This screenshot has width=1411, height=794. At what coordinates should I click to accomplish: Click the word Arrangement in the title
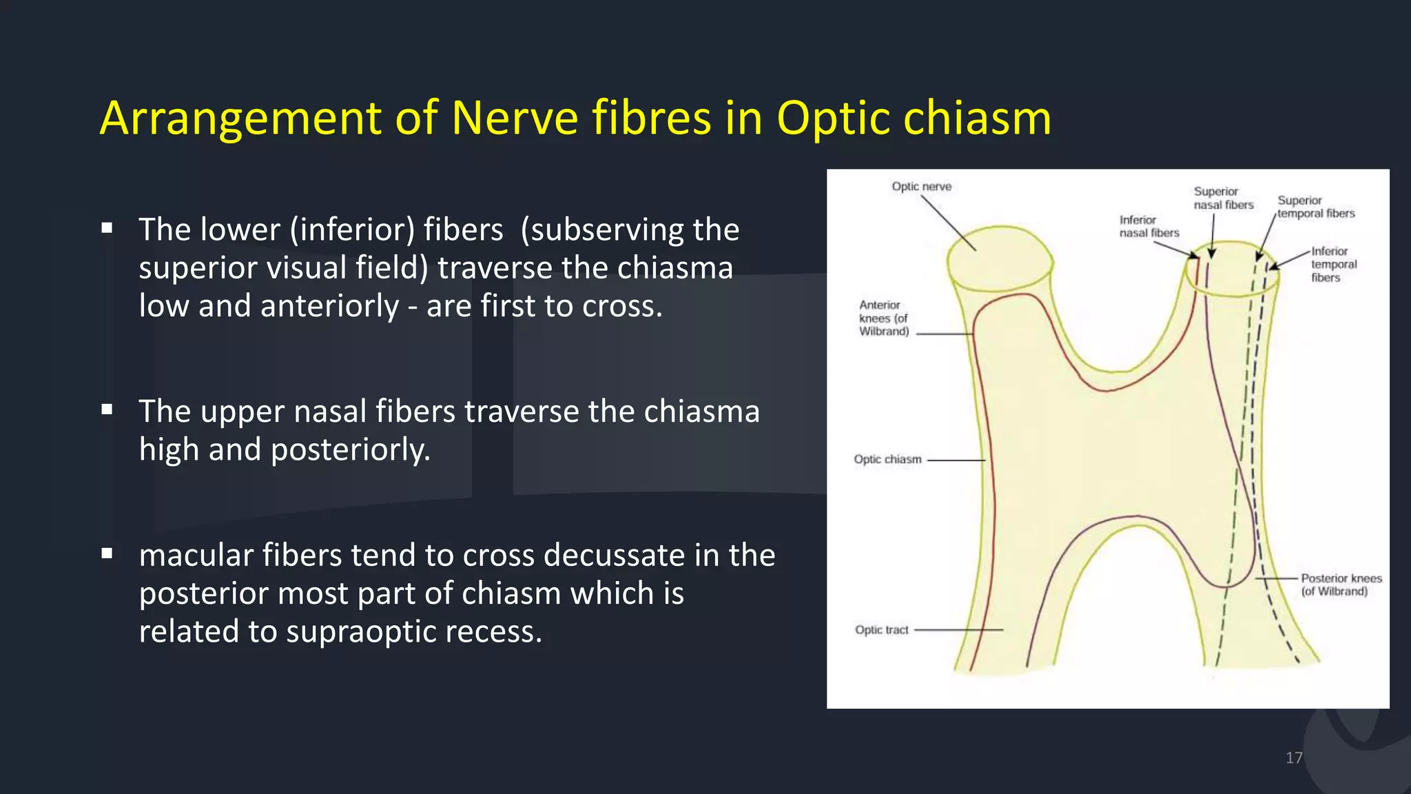(240, 119)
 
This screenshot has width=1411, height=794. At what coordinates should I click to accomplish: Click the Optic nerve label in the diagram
(921, 187)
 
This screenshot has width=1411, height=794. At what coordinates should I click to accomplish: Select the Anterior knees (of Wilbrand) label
(883, 318)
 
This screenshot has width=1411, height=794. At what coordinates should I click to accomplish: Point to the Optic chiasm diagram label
(887, 460)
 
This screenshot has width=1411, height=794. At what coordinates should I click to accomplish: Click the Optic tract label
(881, 630)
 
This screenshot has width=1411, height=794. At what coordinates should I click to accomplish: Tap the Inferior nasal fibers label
(1149, 227)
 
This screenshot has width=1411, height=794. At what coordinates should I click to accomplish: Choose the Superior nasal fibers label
(1223, 198)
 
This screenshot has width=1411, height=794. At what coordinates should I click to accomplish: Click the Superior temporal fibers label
(1315, 207)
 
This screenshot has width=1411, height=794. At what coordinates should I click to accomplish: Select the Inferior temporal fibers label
(1333, 265)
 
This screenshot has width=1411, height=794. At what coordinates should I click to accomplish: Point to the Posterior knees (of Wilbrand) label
(1341, 585)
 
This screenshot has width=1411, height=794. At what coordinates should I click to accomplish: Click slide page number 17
(1294, 758)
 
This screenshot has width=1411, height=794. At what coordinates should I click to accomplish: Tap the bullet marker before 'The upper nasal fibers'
(107, 410)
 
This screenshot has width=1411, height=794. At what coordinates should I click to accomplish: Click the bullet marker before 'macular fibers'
(107, 553)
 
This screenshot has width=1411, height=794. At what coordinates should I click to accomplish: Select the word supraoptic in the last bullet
(361, 631)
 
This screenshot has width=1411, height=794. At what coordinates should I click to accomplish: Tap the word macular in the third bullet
(196, 556)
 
